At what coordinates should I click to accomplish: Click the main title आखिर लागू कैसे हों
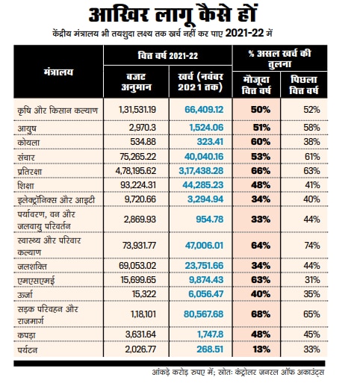click(179, 16)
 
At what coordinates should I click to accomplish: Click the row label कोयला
click(30, 141)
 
